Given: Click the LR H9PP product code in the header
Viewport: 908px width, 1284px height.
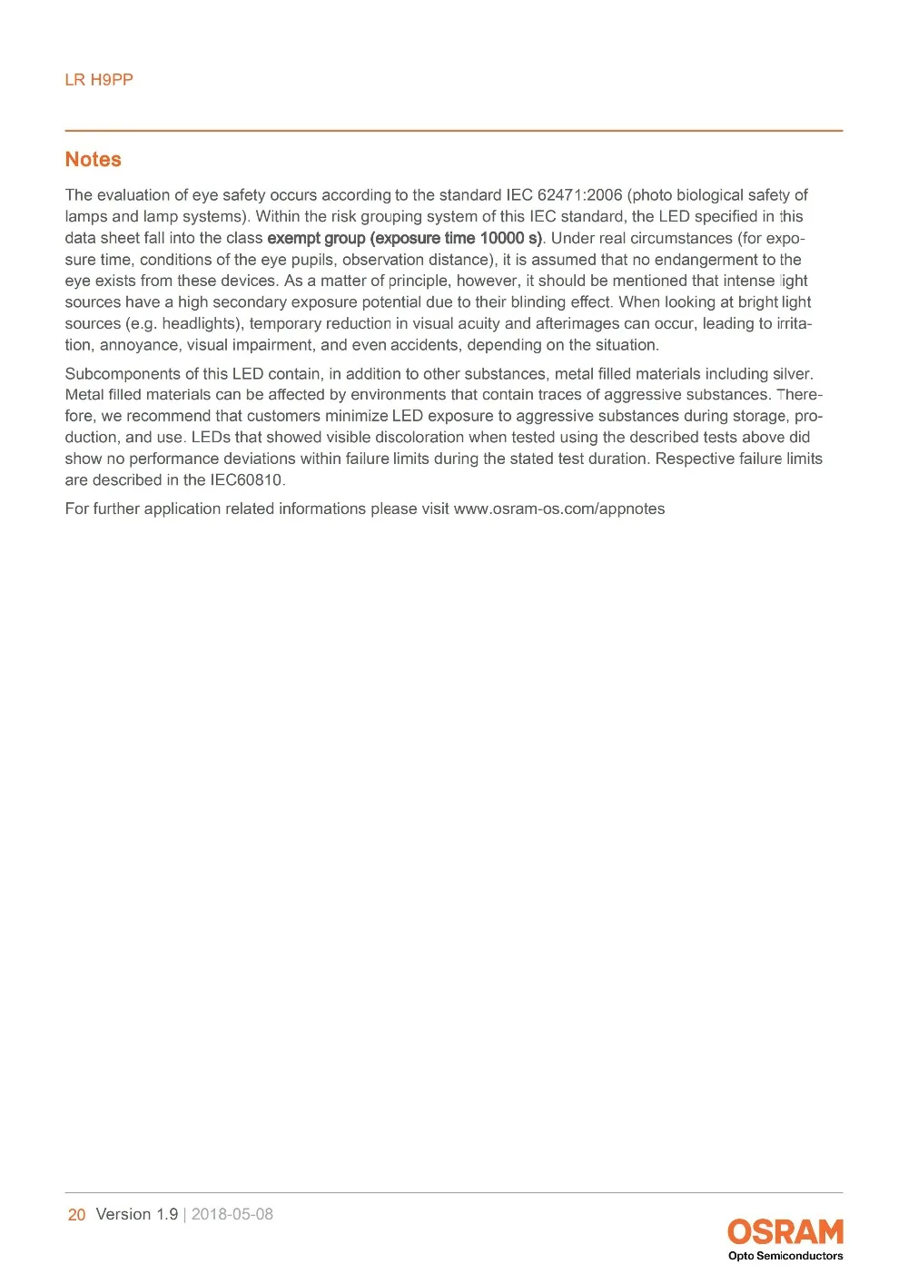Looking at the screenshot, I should pyautogui.click(x=99, y=80).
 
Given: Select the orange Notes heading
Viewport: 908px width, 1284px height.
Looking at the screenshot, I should pyautogui.click(x=93, y=160).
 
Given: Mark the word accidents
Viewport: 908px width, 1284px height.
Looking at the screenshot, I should pyautogui.click(x=426, y=345).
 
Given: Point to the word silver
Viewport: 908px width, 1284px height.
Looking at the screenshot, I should pyautogui.click(x=792, y=374).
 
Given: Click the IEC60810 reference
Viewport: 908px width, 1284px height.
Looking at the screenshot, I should pyautogui.click(x=247, y=480).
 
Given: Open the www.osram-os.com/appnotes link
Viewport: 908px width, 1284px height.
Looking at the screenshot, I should pyautogui.click(x=559, y=509).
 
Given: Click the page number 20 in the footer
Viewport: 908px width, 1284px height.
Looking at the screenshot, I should pyautogui.click(x=77, y=1215).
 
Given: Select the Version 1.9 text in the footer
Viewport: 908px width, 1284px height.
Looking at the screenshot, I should pyautogui.click(x=137, y=1215).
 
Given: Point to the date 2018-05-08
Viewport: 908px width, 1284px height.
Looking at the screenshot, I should pyautogui.click(x=232, y=1215).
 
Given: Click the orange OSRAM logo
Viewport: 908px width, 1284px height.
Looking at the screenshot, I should pyautogui.click(x=785, y=1232).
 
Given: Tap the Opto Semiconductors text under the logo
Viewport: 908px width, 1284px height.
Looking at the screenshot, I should pyautogui.click(x=785, y=1257).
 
